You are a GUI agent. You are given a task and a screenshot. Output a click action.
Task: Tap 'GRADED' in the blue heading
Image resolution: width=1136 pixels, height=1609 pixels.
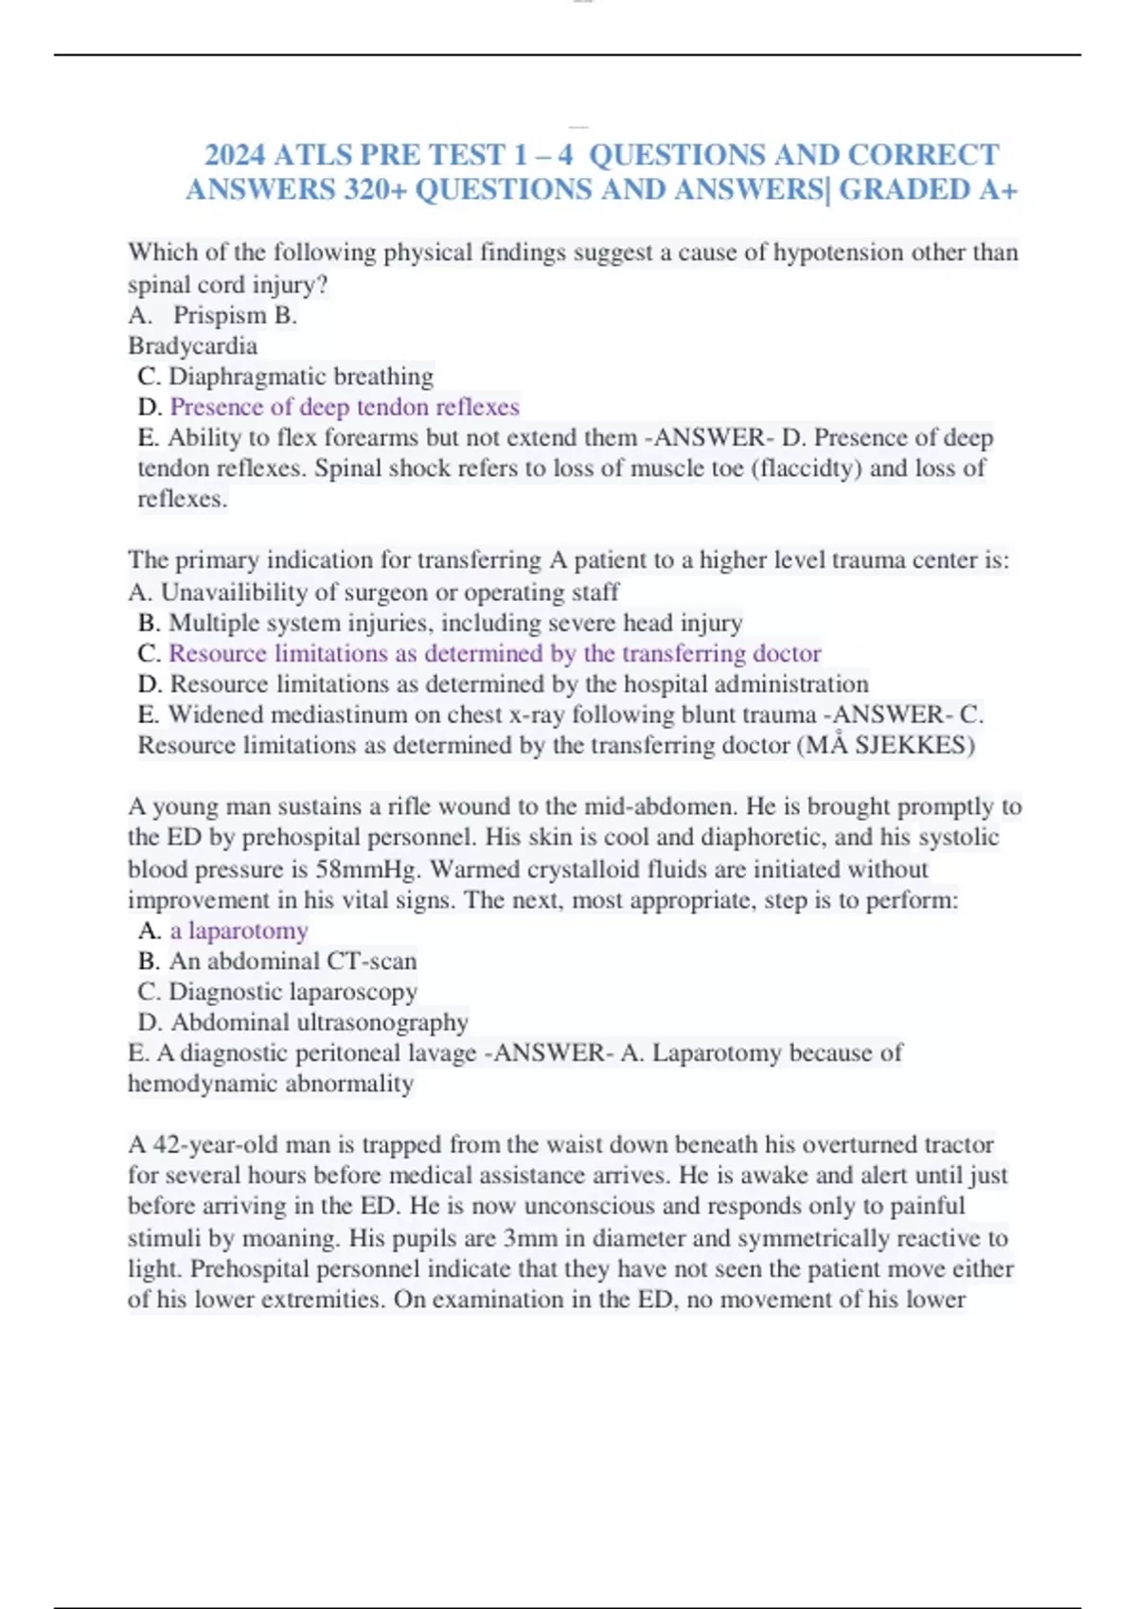tap(904, 190)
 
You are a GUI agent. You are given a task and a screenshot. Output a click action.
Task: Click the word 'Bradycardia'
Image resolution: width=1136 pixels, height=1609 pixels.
tap(192, 345)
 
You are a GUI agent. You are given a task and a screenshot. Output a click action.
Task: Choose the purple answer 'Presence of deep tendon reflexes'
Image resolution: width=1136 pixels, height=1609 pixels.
tap(345, 407)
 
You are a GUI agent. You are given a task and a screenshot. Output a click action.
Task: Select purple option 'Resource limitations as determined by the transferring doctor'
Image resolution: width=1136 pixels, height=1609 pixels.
tap(494, 654)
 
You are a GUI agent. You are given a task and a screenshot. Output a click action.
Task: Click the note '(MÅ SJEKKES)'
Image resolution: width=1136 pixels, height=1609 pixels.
tap(886, 746)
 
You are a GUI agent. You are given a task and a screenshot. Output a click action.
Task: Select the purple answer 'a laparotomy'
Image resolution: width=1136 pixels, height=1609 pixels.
tap(239, 931)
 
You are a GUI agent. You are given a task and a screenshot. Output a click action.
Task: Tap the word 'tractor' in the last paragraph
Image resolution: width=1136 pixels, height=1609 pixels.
tap(956, 1145)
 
